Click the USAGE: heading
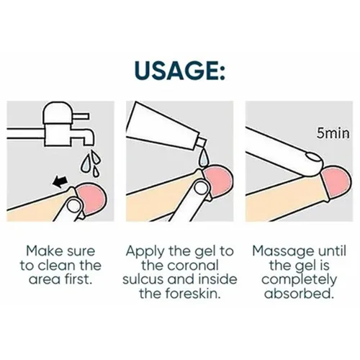(x=180, y=71)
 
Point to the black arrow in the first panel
(x=60, y=181)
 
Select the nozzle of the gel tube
(x=202, y=143)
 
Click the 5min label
(x=333, y=133)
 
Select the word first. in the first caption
(x=78, y=279)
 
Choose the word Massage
(x=283, y=251)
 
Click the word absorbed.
(x=299, y=293)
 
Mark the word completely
(x=299, y=280)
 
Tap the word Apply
(x=146, y=252)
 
